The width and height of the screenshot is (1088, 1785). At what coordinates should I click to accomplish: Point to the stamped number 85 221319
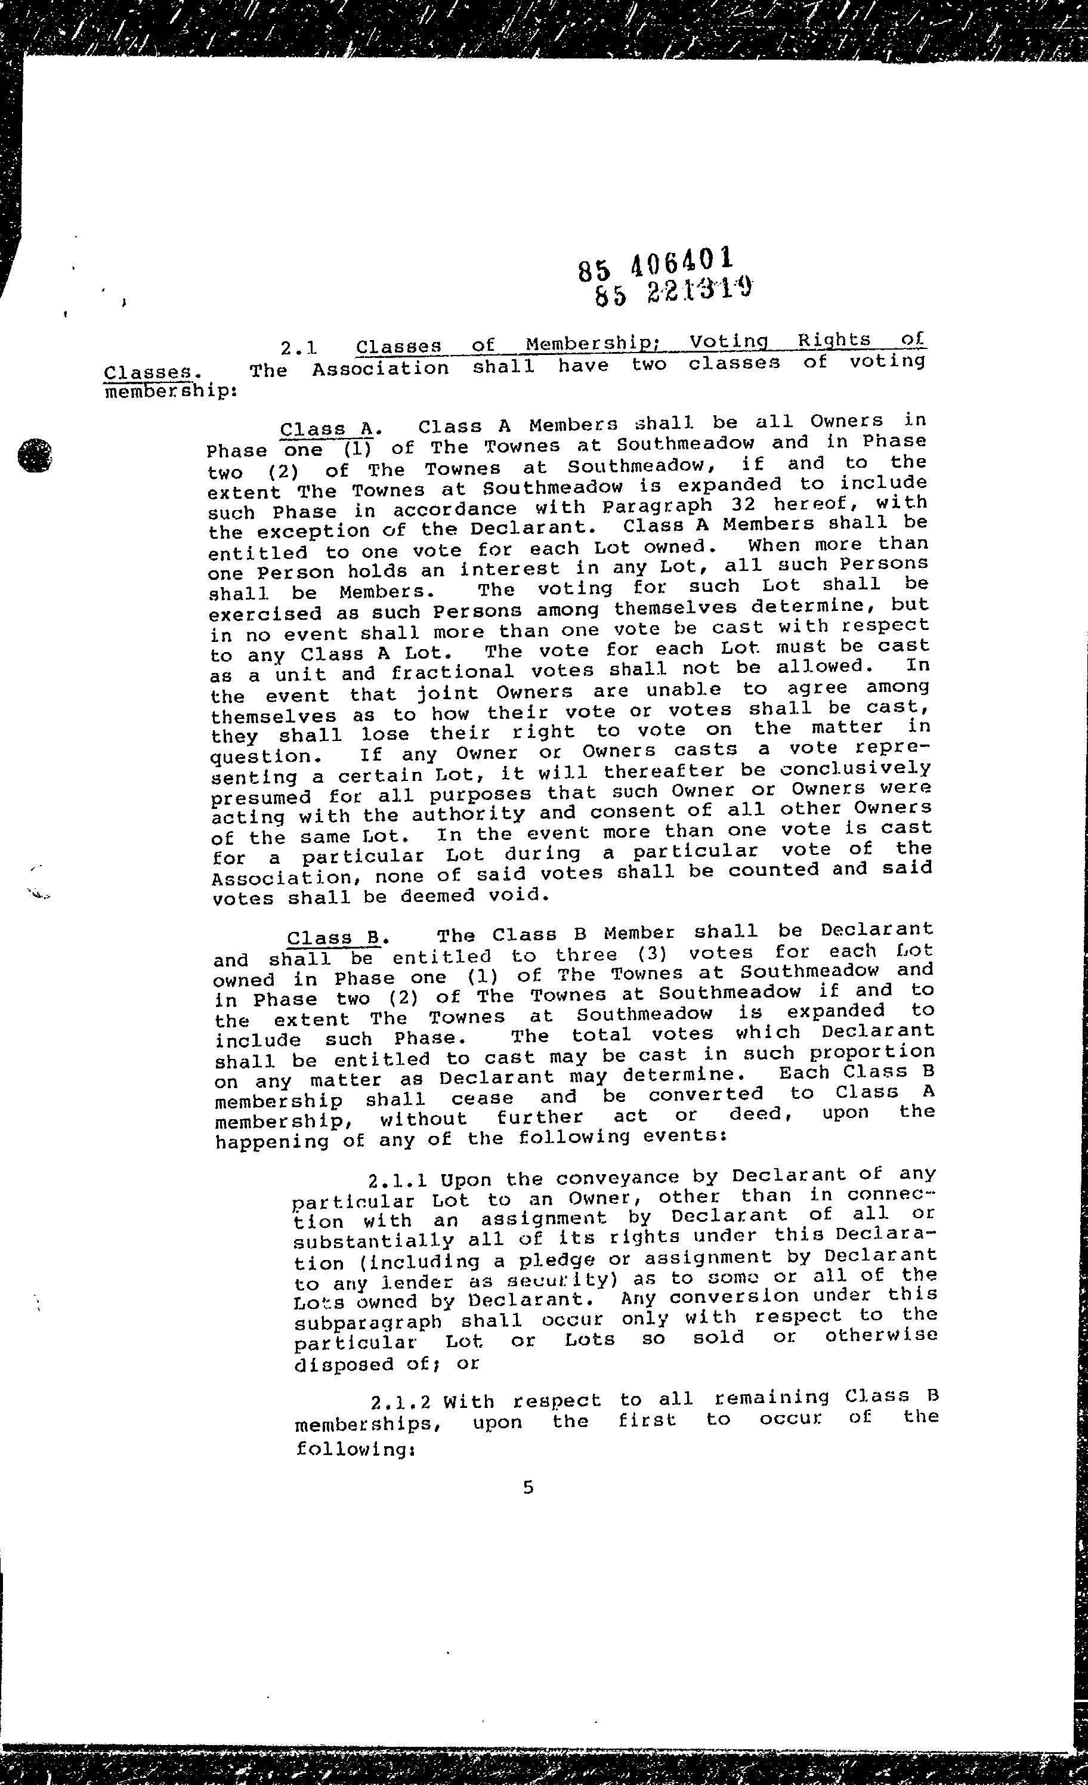point(672,291)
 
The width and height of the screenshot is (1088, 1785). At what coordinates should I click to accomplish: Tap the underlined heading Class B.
point(334,937)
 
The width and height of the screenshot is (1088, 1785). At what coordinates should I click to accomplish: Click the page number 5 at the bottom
point(528,1487)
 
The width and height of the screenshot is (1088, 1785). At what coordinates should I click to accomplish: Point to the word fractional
point(452,673)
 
